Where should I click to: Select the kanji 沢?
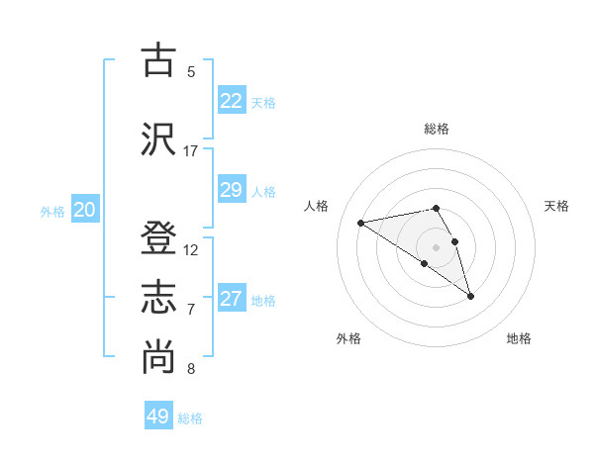[x=159, y=138]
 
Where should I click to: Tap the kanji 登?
[x=159, y=239]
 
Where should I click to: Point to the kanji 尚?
[x=159, y=357]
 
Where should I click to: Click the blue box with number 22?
[x=232, y=101]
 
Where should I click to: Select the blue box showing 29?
[x=232, y=190]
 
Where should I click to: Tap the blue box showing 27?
[x=232, y=299]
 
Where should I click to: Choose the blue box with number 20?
[x=84, y=210]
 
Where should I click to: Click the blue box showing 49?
[x=158, y=417]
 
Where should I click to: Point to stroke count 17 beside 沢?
[x=191, y=150]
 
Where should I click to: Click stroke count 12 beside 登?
[x=191, y=250]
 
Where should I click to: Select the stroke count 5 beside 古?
[x=191, y=71]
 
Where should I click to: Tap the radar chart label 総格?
[x=437, y=129]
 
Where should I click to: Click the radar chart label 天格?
[x=556, y=206]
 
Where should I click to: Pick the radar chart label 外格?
[x=348, y=338]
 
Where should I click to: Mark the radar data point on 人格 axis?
[x=361, y=222]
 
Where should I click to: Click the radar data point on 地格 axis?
[x=470, y=296]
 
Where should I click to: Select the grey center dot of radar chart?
[x=436, y=246]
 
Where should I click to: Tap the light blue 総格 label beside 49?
[x=190, y=418]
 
